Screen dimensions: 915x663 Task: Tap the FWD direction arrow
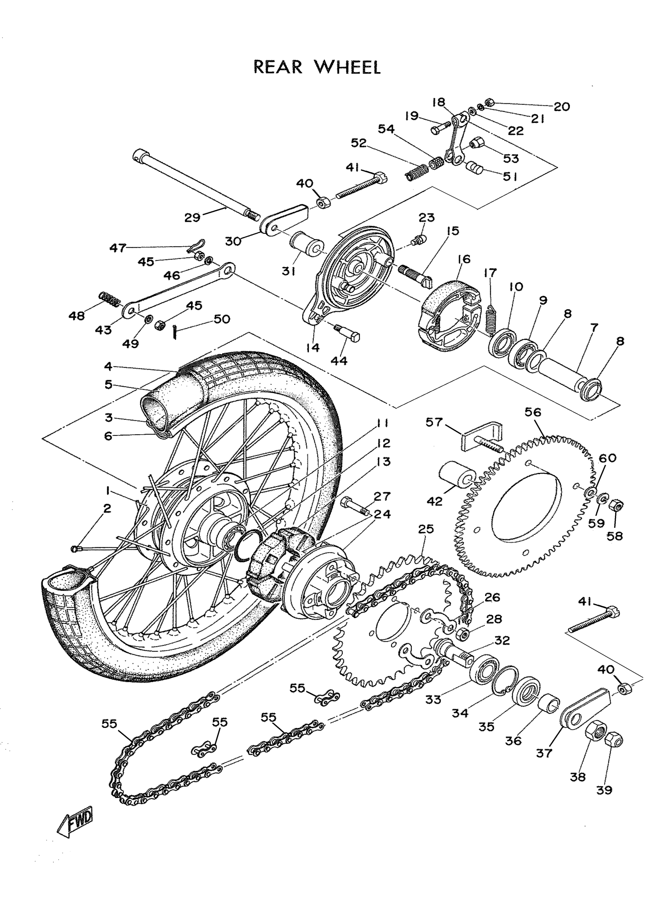click(x=75, y=821)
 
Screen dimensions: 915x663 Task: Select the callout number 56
click(x=533, y=412)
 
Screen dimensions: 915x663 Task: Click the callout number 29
click(x=192, y=218)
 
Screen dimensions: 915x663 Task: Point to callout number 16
click(x=464, y=259)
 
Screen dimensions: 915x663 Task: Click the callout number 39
click(x=604, y=790)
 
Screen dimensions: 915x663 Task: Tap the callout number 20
click(x=561, y=106)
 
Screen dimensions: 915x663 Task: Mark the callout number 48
click(x=76, y=315)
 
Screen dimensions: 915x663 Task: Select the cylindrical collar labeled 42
click(x=457, y=477)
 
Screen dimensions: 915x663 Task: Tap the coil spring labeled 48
click(x=109, y=299)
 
